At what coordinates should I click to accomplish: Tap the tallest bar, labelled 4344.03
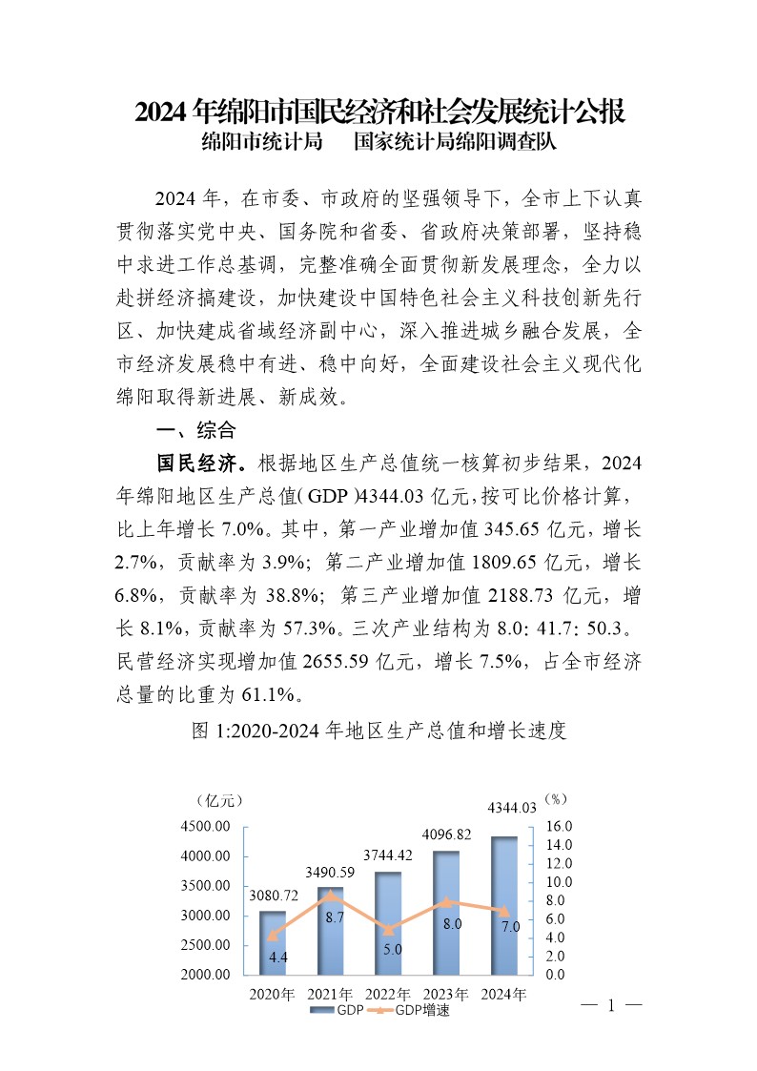coord(503,905)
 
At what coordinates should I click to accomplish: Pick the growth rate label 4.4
coord(278,957)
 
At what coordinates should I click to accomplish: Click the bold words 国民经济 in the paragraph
coord(196,463)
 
